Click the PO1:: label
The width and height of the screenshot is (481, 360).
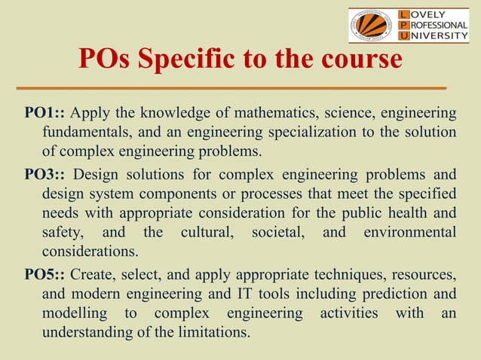point(44,114)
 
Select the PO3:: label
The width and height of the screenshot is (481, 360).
point(44,175)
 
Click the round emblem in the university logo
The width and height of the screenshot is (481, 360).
point(371,26)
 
